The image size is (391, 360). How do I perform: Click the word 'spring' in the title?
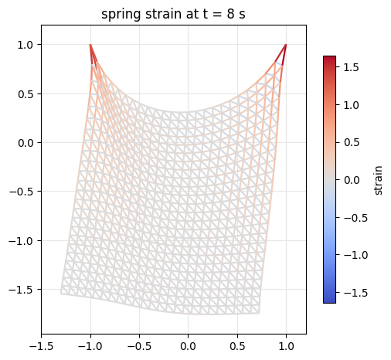pyautogui.click(x=121, y=15)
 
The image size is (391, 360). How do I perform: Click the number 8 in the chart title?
pyautogui.click(x=230, y=14)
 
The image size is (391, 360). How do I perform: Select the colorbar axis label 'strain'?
pyautogui.click(x=378, y=180)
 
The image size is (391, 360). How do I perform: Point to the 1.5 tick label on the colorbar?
pyautogui.click(x=351, y=67)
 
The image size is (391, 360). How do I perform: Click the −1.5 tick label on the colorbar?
pyautogui.click(x=355, y=293)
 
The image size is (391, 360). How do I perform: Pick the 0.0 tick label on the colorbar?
pyautogui.click(x=352, y=180)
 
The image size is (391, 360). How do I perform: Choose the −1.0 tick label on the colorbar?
pyautogui.click(x=355, y=255)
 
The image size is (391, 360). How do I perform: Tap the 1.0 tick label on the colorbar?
pyautogui.click(x=351, y=105)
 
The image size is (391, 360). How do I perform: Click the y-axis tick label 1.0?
pyautogui.click(x=25, y=45)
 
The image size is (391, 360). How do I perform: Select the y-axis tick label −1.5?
pyautogui.click(x=22, y=290)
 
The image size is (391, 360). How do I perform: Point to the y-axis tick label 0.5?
pyautogui.click(x=25, y=94)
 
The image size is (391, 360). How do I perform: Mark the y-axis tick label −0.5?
pyautogui.click(x=22, y=192)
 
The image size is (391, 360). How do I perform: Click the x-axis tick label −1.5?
pyautogui.click(x=42, y=346)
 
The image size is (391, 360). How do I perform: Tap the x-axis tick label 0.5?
pyautogui.click(x=237, y=346)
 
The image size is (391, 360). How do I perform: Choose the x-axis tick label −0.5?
pyautogui.click(x=139, y=346)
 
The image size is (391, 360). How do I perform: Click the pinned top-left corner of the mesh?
pyautogui.click(x=90, y=45)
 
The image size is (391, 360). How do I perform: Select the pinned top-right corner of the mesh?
pyautogui.click(x=286, y=45)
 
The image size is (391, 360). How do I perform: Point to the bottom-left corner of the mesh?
pyautogui.click(x=61, y=293)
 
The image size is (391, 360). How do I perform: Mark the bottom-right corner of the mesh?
pyautogui.click(x=259, y=313)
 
